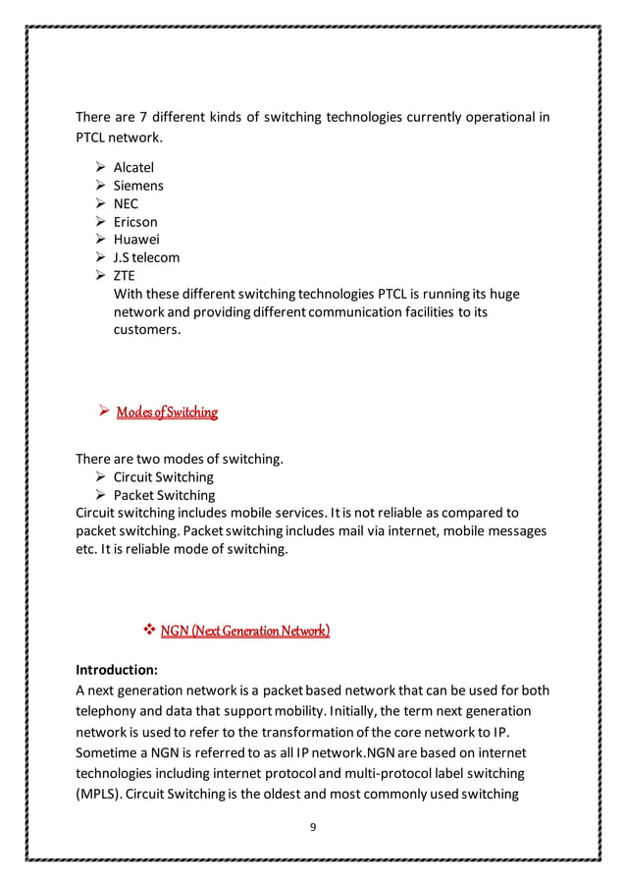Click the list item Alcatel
[133, 167]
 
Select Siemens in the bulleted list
[138, 186]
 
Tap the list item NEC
[127, 203]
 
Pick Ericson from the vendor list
[135, 222]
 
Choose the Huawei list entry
[136, 240]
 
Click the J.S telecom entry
[147, 258]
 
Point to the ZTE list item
[125, 277]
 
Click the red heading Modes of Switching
[166, 412]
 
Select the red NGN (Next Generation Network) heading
[244, 630]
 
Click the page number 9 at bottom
[313, 827]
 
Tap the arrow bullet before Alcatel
[99, 167]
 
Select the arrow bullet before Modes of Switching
[100, 412]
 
